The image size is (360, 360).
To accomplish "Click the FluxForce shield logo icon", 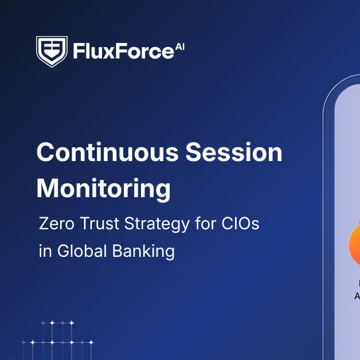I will pos(52,52).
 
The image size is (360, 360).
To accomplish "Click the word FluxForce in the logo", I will pos(123,52).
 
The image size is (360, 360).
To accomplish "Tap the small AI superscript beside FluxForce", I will pos(179,46).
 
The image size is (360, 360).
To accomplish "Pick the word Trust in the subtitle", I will pos(97,223).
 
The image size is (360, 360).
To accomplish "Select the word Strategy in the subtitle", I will pos(155,224).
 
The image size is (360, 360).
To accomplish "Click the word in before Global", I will pos(44,251).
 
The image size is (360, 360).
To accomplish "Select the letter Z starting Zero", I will pos(44,223).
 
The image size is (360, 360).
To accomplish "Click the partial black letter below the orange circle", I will pos(357,296).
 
